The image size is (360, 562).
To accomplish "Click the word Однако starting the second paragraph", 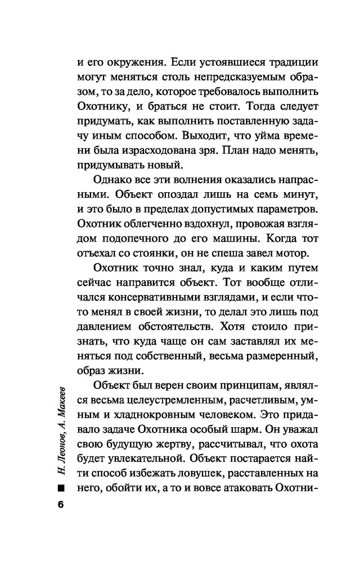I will tap(110, 194).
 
